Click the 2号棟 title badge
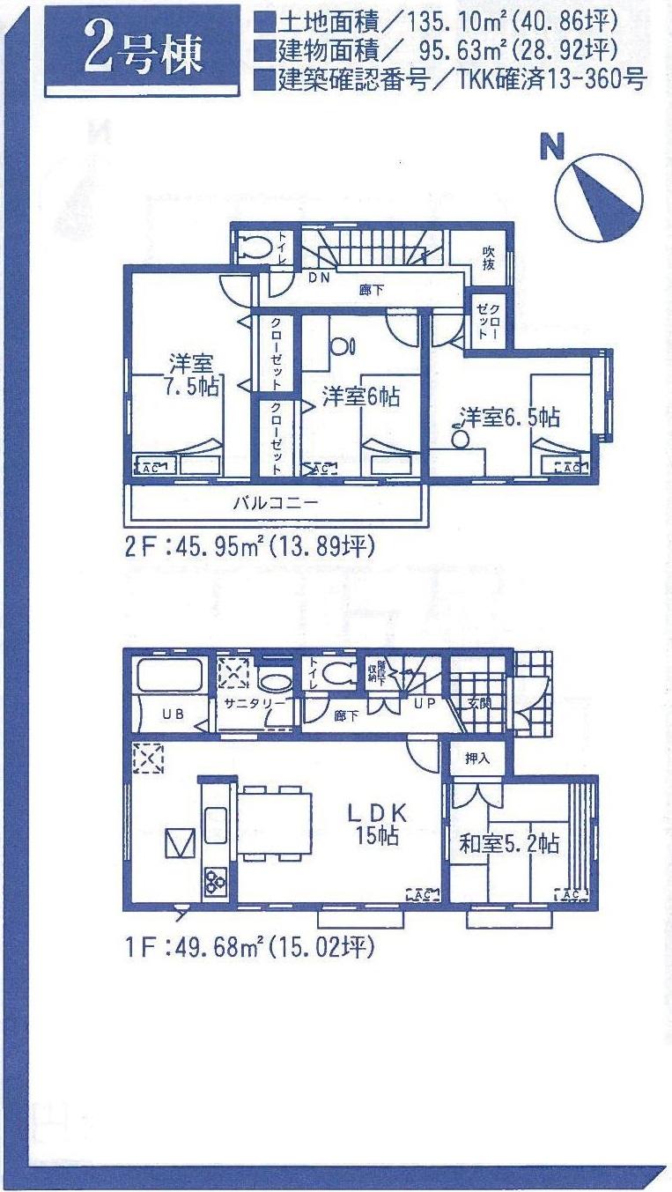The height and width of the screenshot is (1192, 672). pyautogui.click(x=144, y=52)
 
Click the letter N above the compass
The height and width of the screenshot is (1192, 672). pyautogui.click(x=552, y=148)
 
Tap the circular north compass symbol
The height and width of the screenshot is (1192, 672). pyautogui.click(x=599, y=197)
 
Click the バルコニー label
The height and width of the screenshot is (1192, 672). pyautogui.click(x=275, y=504)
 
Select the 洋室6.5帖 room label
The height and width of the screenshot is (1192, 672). pyautogui.click(x=510, y=416)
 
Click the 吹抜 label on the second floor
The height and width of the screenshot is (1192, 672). pyautogui.click(x=489, y=256)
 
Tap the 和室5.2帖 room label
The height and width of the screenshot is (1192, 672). pyautogui.click(x=508, y=843)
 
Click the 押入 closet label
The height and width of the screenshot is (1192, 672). pyautogui.click(x=476, y=758)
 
